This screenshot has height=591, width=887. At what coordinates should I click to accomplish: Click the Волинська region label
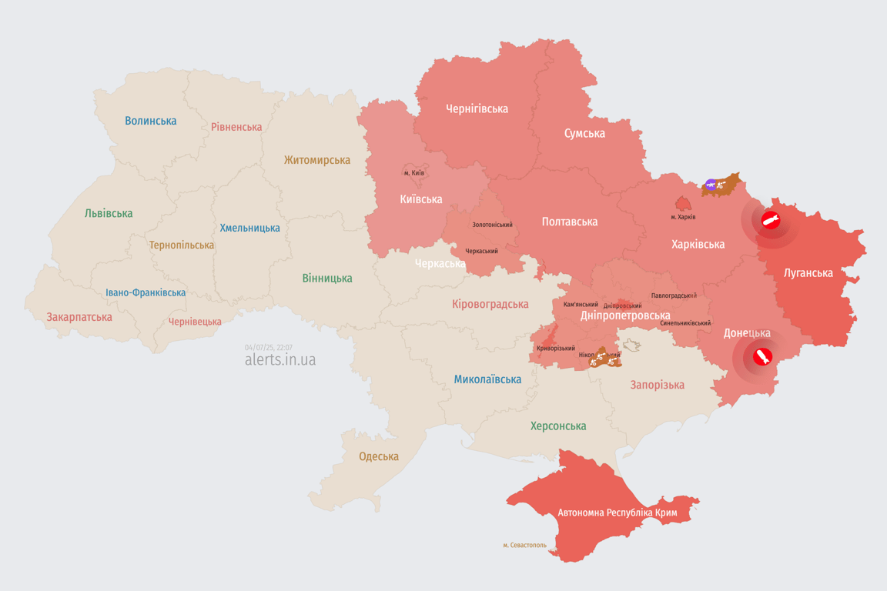click(150, 121)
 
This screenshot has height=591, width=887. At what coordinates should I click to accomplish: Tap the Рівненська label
click(236, 127)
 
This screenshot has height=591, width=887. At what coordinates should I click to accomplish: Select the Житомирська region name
click(316, 160)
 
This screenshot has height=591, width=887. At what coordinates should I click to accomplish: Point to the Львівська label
click(109, 213)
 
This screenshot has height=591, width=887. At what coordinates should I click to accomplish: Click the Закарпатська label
click(79, 317)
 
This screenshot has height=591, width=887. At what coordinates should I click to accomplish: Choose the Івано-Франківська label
click(146, 292)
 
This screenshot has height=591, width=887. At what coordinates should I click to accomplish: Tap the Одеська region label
click(379, 456)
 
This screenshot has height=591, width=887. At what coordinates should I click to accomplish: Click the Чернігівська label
click(477, 109)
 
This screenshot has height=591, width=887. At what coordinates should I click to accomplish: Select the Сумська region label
click(584, 133)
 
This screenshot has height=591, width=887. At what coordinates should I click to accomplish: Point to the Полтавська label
click(569, 222)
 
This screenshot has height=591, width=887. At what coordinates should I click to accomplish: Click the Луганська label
click(808, 272)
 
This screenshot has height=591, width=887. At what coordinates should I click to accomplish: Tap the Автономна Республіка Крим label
click(618, 513)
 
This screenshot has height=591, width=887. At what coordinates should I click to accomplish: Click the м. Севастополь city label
click(524, 545)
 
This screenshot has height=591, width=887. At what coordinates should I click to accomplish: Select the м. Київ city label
click(413, 173)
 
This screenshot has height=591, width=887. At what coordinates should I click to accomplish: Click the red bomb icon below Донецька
click(762, 357)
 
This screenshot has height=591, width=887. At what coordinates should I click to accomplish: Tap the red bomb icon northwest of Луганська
click(771, 222)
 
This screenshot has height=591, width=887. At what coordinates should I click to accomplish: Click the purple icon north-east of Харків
click(710, 185)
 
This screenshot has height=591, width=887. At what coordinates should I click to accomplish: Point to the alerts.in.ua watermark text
click(279, 359)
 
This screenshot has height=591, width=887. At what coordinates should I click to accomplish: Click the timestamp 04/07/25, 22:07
click(268, 347)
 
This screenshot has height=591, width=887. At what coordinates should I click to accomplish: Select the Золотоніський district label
click(492, 225)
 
